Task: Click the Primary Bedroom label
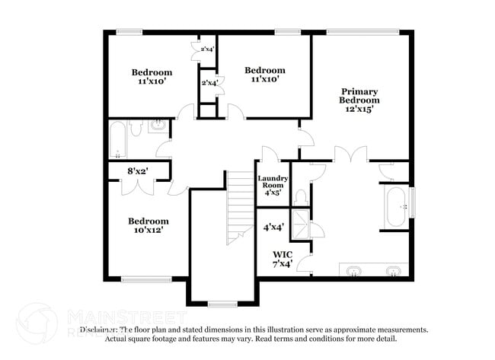tap(359, 95)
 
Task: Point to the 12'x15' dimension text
tap(359, 109)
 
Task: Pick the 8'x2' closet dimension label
tap(137, 171)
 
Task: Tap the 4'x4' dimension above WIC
tap(273, 227)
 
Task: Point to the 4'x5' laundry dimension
tap(273, 193)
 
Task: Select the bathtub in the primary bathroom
tap(396, 205)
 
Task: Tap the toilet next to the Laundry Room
tap(301, 197)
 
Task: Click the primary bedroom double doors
tap(348, 156)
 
